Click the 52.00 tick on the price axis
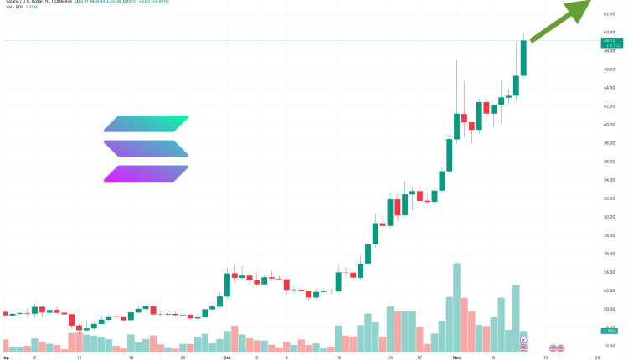tap(608, 13)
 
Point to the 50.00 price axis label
tap(608, 32)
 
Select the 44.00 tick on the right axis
tap(608, 87)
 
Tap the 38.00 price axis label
tap(608, 142)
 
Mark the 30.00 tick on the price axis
tap(608, 217)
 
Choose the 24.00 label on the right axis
tap(608, 272)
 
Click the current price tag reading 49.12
tap(609, 40)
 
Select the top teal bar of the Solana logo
tap(147, 123)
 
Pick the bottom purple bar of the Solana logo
tap(147, 173)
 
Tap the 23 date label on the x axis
tap(390, 356)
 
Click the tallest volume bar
tap(456, 306)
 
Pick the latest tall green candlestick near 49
tap(523, 57)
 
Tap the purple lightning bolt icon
tap(523, 340)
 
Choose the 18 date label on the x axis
tap(131, 356)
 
